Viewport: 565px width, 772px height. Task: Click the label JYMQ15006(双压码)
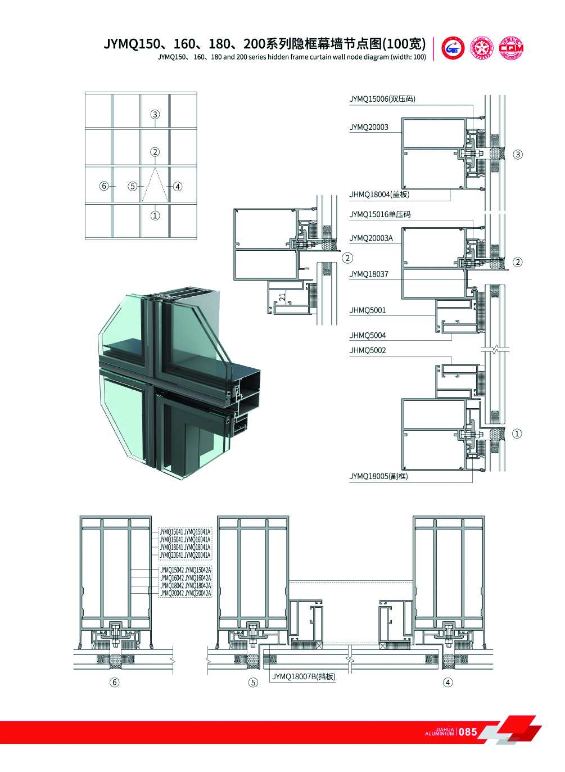[382, 99]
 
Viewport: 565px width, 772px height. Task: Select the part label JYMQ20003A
[371, 238]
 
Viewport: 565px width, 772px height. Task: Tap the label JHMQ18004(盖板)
[379, 195]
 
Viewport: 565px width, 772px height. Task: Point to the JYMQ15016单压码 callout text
[380, 214]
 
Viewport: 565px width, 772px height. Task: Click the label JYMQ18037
[369, 274]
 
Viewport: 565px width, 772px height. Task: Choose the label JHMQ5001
[368, 310]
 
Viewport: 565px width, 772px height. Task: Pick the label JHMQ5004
[368, 336]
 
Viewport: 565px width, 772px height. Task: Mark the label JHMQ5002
[368, 350]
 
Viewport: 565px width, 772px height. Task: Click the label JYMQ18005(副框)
[378, 476]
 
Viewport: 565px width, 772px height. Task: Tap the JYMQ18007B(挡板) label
[304, 676]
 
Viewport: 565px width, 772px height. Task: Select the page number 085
[468, 732]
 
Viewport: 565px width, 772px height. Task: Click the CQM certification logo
[511, 48]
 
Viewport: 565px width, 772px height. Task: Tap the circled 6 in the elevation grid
[104, 186]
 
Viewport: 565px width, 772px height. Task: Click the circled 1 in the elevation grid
[155, 215]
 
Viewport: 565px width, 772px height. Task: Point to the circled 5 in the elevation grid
[133, 186]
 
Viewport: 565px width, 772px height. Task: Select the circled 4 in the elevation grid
[178, 187]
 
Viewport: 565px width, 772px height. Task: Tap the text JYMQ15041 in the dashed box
[171, 532]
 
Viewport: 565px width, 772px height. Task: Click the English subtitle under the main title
[292, 57]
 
